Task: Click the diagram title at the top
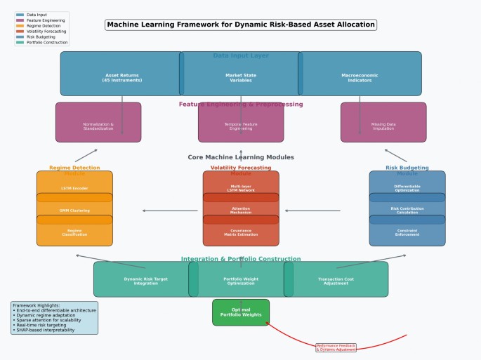241,25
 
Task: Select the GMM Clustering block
74,209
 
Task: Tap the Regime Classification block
74,232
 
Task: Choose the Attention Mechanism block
241,209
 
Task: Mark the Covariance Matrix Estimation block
241,232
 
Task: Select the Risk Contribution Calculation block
407,209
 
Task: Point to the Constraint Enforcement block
407,232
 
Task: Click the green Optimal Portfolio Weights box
241,312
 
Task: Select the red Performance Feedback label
336,347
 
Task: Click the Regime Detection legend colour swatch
20,26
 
